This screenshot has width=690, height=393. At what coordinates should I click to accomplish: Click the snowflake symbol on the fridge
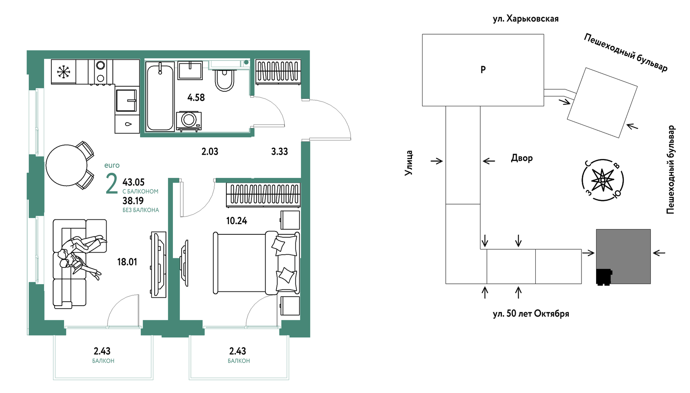click(63, 71)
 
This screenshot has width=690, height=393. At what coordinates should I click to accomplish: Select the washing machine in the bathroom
click(189, 121)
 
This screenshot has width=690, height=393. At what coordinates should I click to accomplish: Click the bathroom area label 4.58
click(196, 98)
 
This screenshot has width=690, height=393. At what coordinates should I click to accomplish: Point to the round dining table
click(67, 165)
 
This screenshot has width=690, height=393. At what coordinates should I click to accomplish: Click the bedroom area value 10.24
click(237, 221)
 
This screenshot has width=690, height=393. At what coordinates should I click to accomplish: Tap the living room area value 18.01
click(127, 262)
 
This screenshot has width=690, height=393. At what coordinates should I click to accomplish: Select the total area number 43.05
click(134, 182)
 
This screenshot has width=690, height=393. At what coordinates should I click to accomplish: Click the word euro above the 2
click(112, 165)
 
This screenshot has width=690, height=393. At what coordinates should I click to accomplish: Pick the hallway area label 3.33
click(279, 151)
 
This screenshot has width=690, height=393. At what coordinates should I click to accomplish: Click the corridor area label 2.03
click(210, 151)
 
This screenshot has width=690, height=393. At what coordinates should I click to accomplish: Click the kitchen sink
click(126, 100)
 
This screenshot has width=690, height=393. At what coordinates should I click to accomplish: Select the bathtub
click(160, 96)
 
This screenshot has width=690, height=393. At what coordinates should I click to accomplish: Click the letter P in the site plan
click(483, 70)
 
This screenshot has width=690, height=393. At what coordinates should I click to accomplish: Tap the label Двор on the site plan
click(522, 158)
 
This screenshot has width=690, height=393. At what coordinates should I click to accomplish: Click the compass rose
click(603, 180)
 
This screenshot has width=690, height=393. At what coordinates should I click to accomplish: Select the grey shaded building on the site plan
click(623, 257)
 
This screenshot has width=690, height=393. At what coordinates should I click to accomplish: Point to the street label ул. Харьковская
click(526, 19)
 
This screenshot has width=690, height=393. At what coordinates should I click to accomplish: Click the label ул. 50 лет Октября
click(531, 314)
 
